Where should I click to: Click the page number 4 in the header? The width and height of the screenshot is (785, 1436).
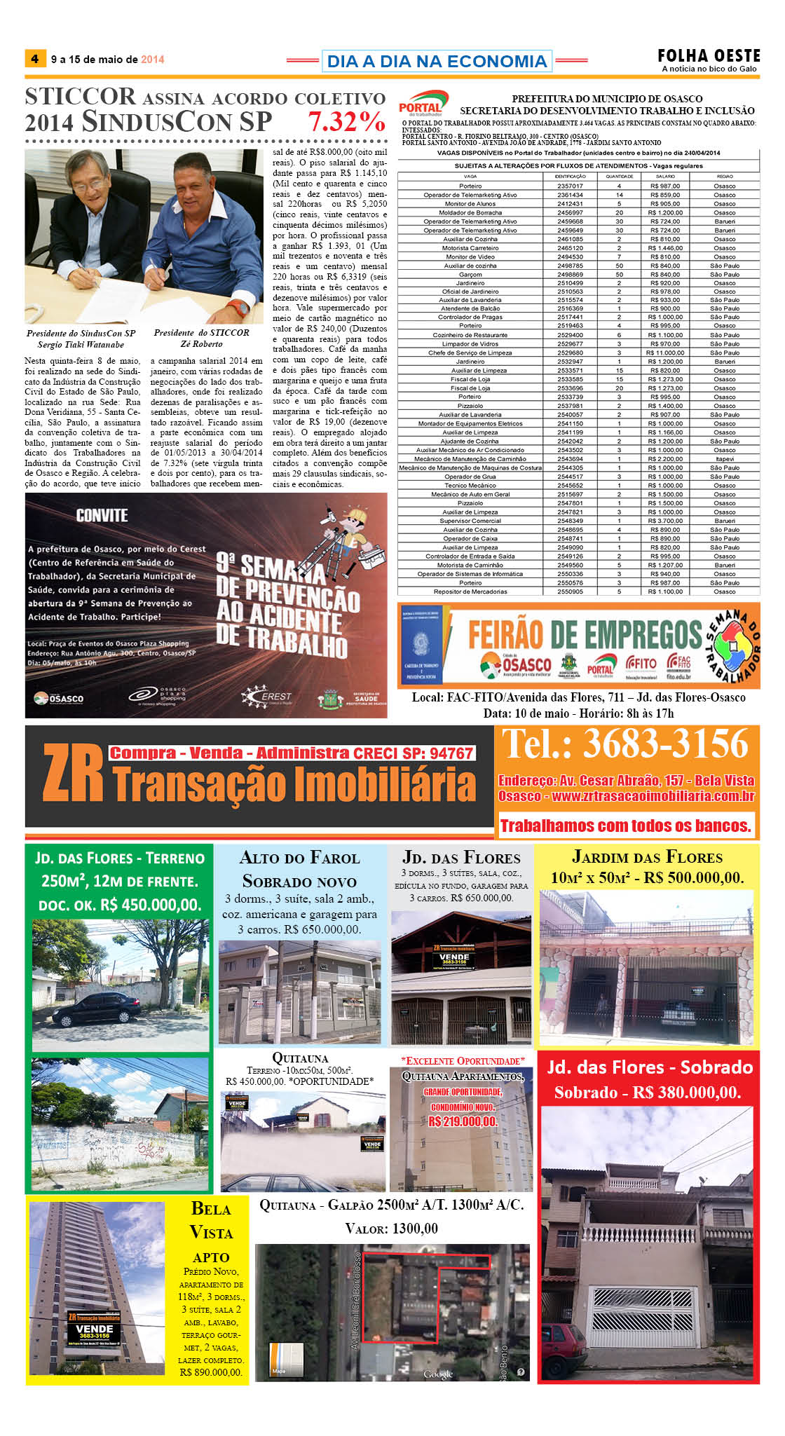point(34,59)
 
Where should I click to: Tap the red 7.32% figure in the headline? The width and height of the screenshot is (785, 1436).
point(347,122)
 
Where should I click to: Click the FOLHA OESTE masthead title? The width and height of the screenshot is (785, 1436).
point(709,55)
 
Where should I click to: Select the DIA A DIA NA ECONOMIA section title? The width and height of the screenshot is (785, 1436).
point(437,62)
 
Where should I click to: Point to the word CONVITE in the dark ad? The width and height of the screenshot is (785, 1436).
point(102,516)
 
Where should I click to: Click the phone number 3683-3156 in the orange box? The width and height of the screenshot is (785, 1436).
point(665,744)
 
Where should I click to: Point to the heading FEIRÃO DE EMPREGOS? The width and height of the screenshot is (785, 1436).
point(585,635)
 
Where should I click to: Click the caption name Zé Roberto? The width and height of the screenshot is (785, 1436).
point(201,344)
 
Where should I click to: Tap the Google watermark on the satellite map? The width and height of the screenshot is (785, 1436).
point(438,1374)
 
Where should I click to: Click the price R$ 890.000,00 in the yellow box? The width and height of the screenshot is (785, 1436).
point(211,1372)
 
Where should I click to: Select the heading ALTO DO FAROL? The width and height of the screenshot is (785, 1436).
point(299,858)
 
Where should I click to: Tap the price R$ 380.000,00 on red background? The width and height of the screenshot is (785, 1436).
point(648,1093)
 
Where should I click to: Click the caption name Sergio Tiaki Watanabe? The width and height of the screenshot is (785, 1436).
point(81,344)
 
